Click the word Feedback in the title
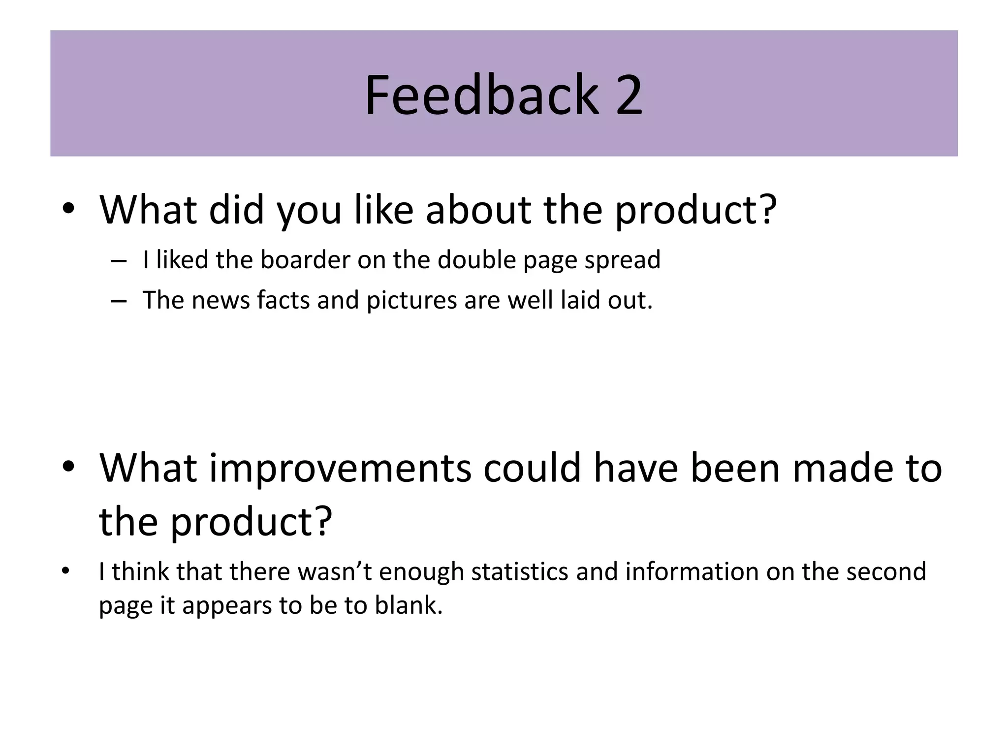481,94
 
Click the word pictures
411,300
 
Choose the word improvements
340,469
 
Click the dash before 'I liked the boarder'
119,261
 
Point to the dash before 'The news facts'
119,301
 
